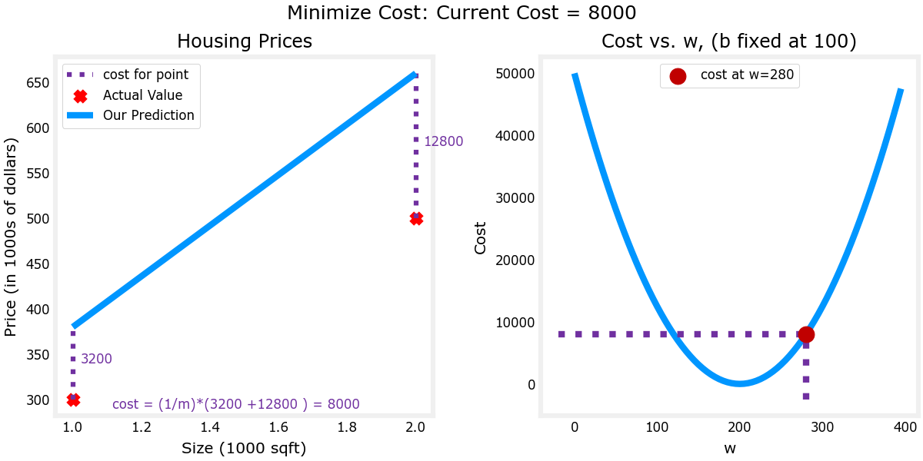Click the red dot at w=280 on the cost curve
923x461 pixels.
tap(806, 334)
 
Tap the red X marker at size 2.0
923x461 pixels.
tap(416, 218)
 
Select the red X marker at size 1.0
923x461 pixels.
tap(73, 400)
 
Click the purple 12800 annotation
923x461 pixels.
tap(443, 141)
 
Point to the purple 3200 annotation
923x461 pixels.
tap(96, 359)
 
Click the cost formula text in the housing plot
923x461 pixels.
tap(235, 404)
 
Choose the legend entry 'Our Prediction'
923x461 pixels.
tap(148, 115)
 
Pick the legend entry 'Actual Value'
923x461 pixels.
tap(142, 95)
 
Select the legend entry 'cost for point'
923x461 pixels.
tap(145, 75)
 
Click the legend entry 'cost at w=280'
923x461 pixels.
tap(747, 75)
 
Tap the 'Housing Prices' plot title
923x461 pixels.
tap(245, 41)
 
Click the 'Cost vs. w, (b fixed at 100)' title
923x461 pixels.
tap(728, 41)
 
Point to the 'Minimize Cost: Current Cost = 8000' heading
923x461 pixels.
tap(461, 13)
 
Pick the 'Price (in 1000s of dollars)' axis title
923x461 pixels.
tap(11, 237)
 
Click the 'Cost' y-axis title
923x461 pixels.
tap(481, 237)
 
